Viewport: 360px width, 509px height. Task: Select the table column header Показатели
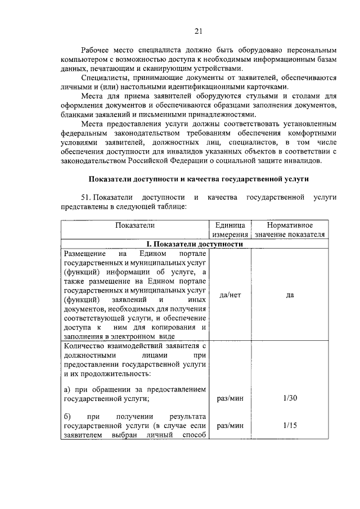pyautogui.click(x=134, y=226)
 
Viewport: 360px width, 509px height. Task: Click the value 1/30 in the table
pyautogui.click(x=290, y=398)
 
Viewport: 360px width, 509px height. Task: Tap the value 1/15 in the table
pyautogui.click(x=290, y=426)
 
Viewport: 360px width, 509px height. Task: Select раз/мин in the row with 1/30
pyautogui.click(x=229, y=398)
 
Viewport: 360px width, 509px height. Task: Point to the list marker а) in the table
pyautogui.click(x=68, y=389)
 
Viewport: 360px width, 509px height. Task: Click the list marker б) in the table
pyautogui.click(x=68, y=417)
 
